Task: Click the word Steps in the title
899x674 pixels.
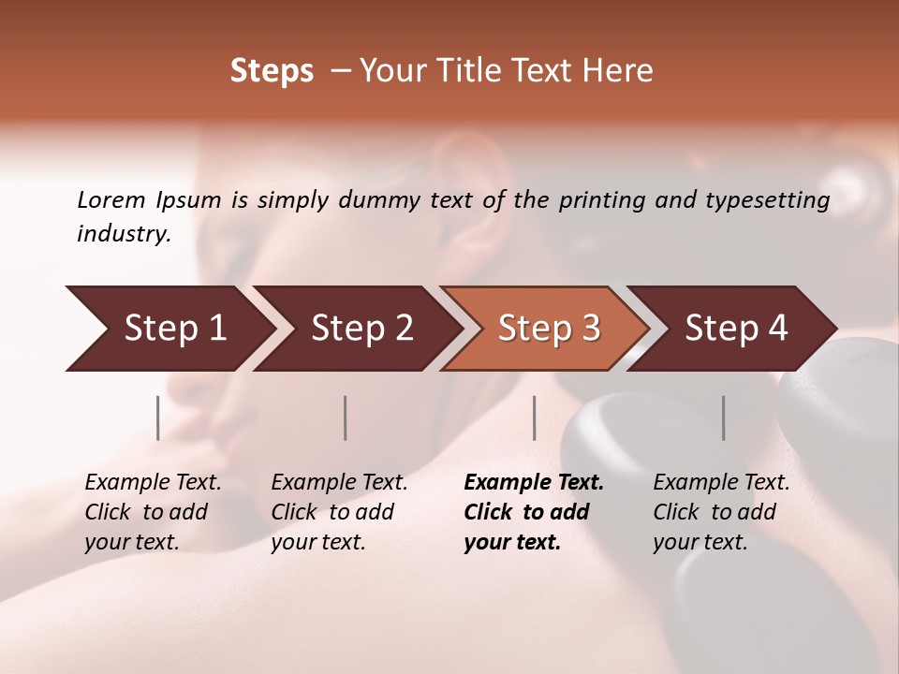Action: pos(272,71)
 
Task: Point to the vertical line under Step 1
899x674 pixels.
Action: pos(158,418)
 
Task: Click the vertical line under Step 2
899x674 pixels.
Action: pos(346,418)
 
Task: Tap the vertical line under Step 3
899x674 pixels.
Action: pos(534,418)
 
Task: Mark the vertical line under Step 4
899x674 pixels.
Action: pos(723,418)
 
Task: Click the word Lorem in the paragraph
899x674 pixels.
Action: pos(111,200)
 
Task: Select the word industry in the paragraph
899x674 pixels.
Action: pos(123,234)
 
